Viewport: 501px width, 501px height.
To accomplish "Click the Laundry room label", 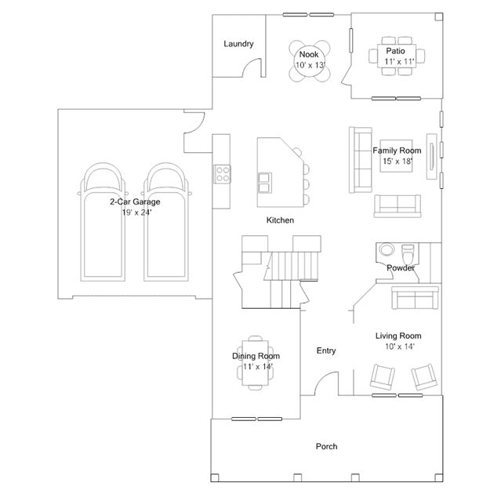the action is click(238, 44).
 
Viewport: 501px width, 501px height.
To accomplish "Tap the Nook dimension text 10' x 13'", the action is click(310, 65).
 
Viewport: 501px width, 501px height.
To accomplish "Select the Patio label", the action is click(395, 51).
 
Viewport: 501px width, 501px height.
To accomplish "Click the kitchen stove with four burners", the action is click(222, 174).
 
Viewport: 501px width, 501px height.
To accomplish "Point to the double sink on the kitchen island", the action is click(265, 183).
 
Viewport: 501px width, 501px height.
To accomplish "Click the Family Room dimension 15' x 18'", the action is click(398, 161).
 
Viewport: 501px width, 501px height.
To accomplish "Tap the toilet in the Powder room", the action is click(408, 252).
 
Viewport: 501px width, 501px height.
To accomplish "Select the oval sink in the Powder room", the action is click(387, 249).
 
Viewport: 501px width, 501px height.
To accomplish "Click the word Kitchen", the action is click(280, 220).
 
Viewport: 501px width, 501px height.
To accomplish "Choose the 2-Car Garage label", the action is click(135, 201).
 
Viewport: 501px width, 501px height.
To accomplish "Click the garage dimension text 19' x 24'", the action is click(136, 212).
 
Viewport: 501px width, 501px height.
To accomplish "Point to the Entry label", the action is click(326, 350).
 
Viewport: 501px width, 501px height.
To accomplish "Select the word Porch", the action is click(326, 446).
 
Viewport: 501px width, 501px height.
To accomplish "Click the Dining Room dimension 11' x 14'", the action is click(257, 366).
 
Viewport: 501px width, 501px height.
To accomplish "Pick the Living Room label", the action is click(398, 336).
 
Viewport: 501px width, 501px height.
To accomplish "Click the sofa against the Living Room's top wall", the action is click(415, 298).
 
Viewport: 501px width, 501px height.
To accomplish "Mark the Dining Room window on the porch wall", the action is click(256, 419).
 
